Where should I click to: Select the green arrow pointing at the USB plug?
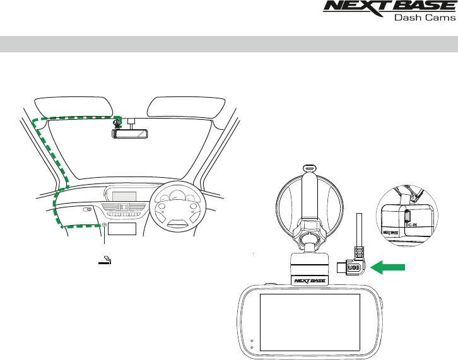point(389,269)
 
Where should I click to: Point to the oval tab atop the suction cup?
point(308,168)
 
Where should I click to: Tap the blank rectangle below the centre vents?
point(122,228)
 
